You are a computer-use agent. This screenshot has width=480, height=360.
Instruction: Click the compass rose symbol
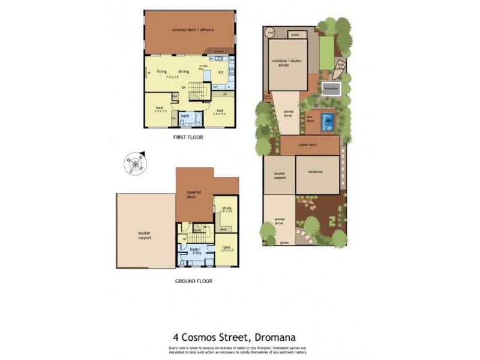tap(135, 163)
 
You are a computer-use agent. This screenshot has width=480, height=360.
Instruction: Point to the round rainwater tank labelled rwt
tap(271, 32)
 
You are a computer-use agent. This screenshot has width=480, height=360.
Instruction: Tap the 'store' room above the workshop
tap(295, 35)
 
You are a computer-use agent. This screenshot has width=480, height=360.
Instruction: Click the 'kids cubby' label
tap(341, 66)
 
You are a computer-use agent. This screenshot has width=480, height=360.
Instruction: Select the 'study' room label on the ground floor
tap(226, 208)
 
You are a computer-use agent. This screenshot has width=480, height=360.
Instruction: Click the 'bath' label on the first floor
tap(185, 116)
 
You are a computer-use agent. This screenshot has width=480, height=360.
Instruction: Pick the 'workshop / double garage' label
tap(284, 63)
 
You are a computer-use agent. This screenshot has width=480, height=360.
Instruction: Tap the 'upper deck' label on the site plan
tap(310, 145)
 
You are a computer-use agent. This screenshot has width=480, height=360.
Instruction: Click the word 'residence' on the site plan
tap(316, 172)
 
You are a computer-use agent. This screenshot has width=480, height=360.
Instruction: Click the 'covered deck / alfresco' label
tap(193, 29)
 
